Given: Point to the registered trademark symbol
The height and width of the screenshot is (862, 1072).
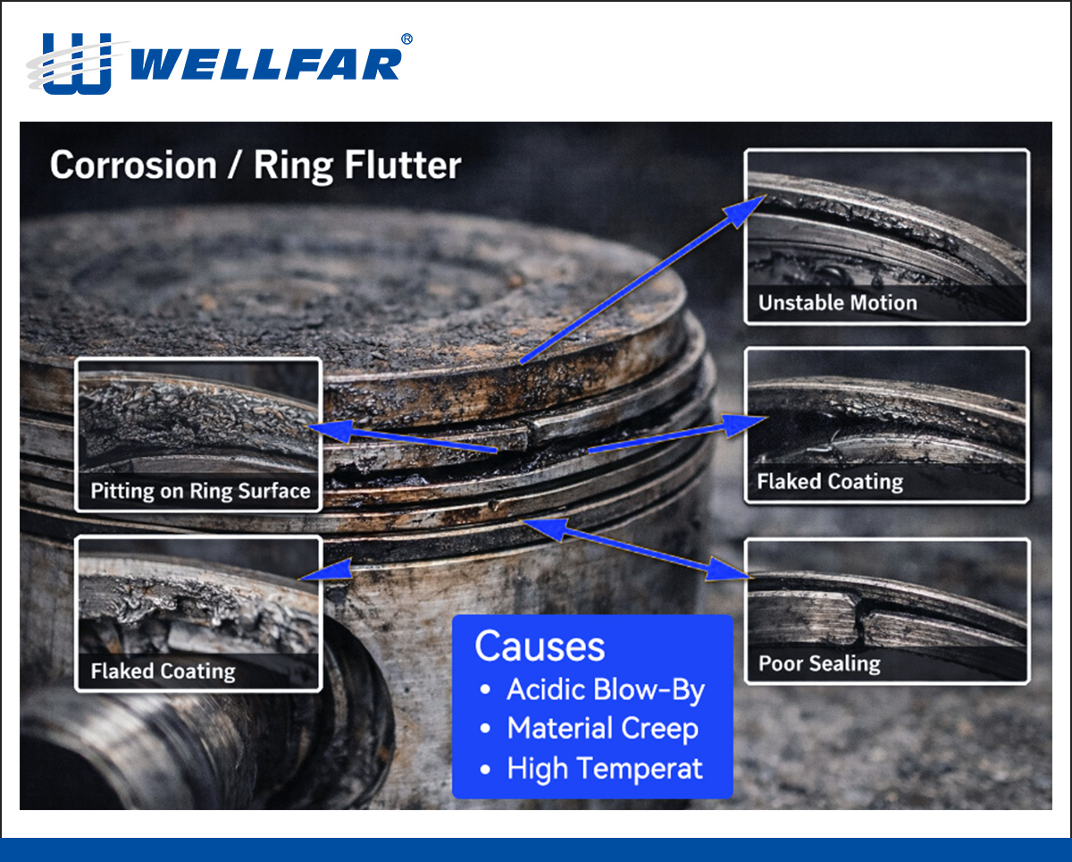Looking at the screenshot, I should [x=407, y=39].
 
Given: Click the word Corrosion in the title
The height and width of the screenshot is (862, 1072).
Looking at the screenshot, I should [x=133, y=166].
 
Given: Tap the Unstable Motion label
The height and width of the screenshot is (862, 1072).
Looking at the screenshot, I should [x=837, y=303].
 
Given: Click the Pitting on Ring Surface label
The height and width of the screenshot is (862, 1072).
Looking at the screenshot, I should [x=200, y=491].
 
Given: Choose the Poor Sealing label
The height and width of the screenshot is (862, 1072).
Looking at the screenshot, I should [x=818, y=663].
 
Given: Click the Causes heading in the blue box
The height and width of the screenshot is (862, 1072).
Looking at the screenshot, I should [x=540, y=646].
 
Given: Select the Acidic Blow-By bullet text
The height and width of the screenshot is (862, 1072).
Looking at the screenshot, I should [x=605, y=689].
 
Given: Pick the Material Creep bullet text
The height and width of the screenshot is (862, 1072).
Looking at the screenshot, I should [x=602, y=729].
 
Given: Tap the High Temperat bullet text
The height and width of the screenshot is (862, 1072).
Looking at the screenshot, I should [x=605, y=768].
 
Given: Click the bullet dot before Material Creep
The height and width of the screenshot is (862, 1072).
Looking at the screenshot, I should [x=485, y=730].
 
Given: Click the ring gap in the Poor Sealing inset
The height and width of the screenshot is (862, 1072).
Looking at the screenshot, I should [x=862, y=616].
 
